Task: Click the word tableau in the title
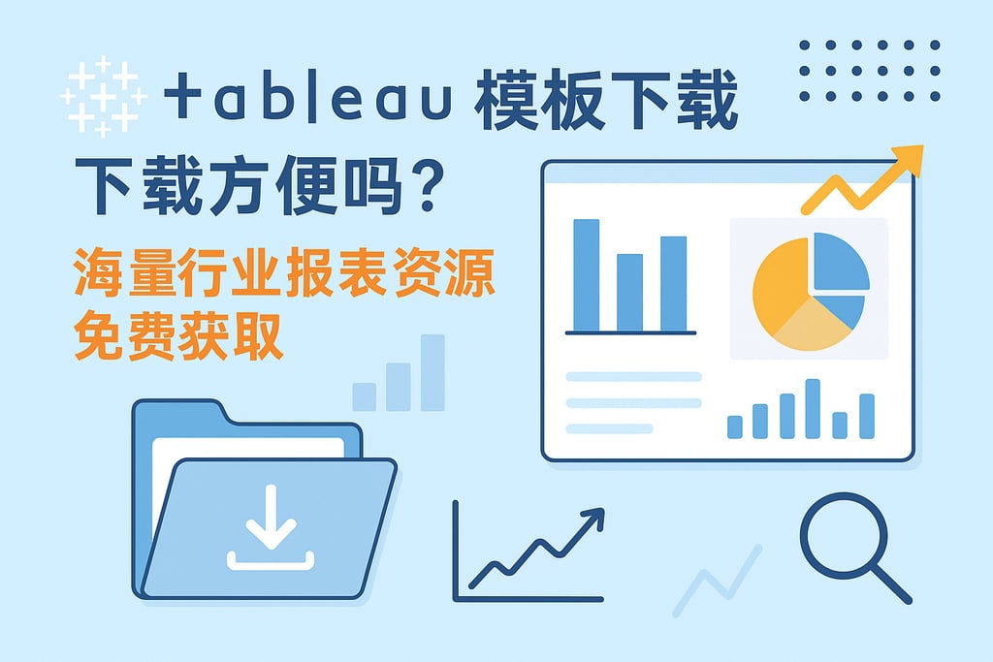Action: tap(308, 101)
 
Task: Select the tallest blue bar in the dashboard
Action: tap(586, 275)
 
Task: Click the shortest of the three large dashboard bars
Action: tap(629, 292)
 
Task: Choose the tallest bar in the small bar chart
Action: tap(813, 408)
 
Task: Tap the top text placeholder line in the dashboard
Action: tap(632, 376)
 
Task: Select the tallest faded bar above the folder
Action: tap(432, 372)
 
